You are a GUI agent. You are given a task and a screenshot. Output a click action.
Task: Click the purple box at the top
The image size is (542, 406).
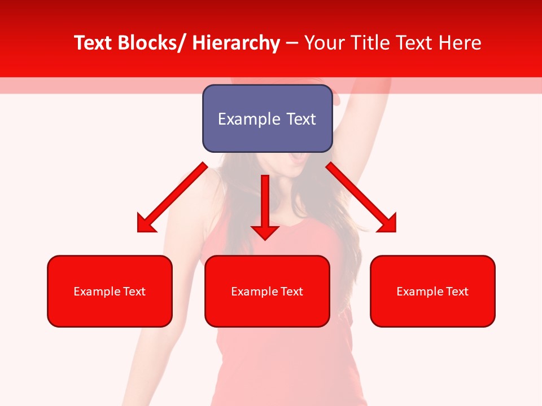[x=267, y=118]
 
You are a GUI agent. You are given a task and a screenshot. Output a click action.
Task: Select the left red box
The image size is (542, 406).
[x=110, y=291]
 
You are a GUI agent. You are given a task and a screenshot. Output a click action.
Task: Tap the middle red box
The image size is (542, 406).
[x=267, y=291]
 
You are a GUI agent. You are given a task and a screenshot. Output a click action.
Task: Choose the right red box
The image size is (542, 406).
[x=432, y=291]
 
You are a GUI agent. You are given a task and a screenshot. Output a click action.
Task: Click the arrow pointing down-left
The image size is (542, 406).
[x=172, y=198]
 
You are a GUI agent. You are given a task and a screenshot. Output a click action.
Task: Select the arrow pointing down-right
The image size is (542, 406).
[x=361, y=198]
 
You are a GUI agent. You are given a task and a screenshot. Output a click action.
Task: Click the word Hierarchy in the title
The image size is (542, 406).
[x=235, y=43]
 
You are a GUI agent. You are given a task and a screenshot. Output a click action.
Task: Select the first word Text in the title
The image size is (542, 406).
[x=93, y=43]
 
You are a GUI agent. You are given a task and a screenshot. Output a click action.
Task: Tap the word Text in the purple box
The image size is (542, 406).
[x=301, y=119]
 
